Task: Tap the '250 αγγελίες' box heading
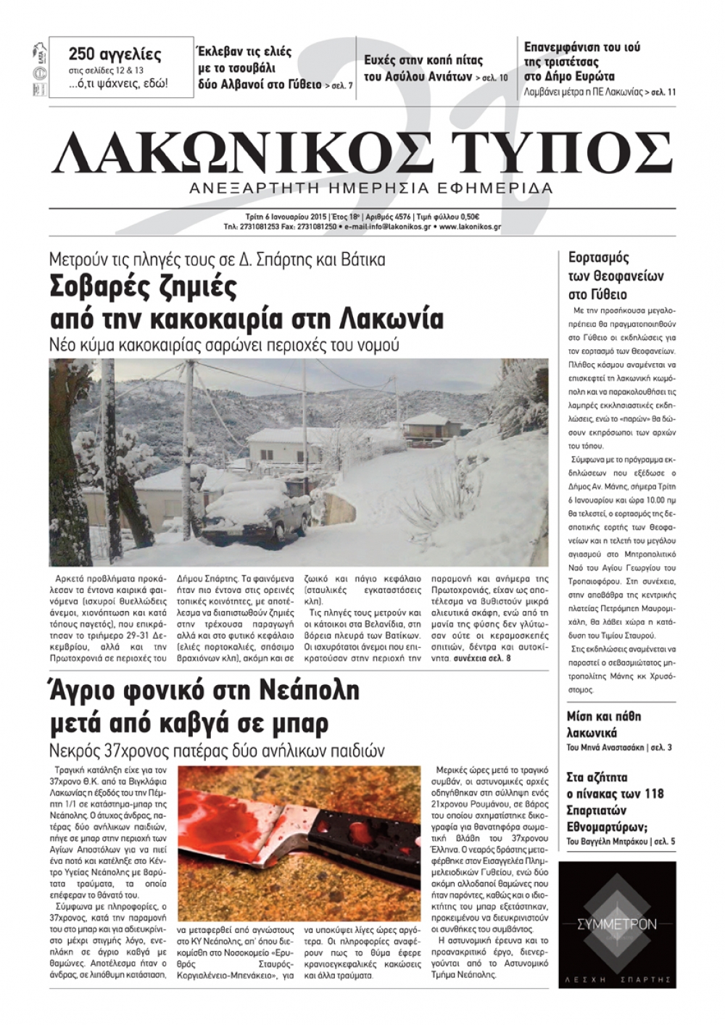pyautogui.click(x=115, y=54)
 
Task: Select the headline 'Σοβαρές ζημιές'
pyautogui.click(x=143, y=287)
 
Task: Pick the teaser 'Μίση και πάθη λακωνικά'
pyautogui.click(x=603, y=724)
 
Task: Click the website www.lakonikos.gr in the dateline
pyautogui.click(x=469, y=227)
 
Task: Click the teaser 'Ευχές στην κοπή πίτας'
pyautogui.click(x=423, y=60)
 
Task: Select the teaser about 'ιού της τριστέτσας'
pyautogui.click(x=582, y=62)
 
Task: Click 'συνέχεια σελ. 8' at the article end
pyautogui.click(x=481, y=659)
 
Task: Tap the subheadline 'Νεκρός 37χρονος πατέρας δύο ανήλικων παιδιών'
pyautogui.click(x=217, y=750)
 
